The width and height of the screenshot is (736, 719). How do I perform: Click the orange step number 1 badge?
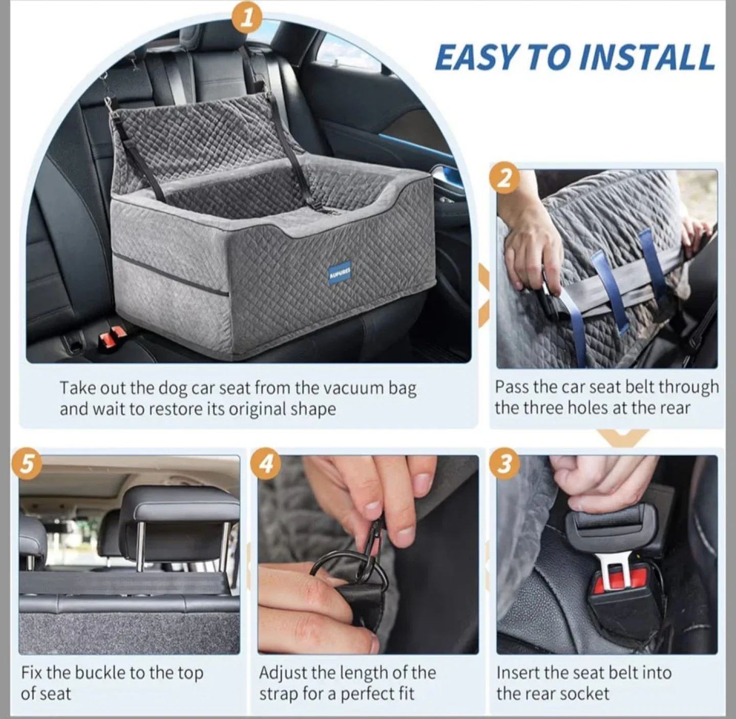(x=247, y=18)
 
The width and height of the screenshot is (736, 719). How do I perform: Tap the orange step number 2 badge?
(x=504, y=178)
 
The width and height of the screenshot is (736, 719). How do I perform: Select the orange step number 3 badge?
(x=504, y=463)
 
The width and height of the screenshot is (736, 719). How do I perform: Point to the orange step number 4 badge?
(x=266, y=463)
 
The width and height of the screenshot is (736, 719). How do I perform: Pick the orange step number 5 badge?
(x=27, y=463)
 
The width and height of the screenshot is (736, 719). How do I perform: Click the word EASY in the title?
(x=476, y=57)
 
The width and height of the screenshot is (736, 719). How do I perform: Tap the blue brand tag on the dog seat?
(x=339, y=274)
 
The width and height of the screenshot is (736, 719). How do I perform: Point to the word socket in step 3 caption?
(x=586, y=693)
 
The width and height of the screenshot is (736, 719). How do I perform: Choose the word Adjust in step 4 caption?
(x=283, y=673)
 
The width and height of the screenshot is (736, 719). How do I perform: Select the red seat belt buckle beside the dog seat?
(x=112, y=338)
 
